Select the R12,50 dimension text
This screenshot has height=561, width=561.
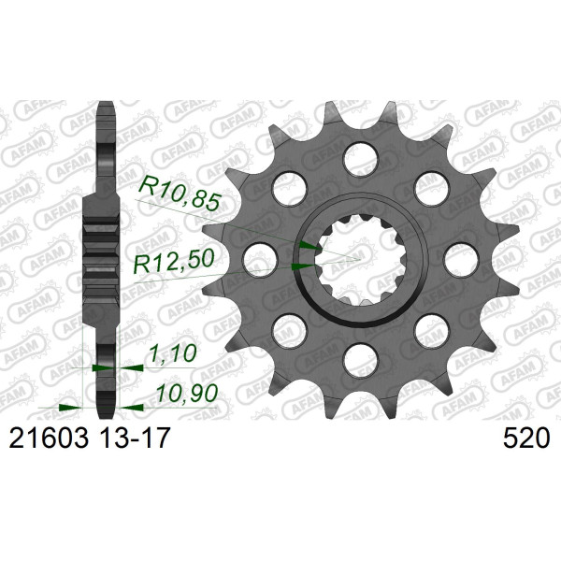(x=174, y=261)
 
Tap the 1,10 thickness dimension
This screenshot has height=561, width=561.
(x=172, y=352)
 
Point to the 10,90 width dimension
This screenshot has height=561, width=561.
(x=187, y=393)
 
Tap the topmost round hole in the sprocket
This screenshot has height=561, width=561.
(x=360, y=159)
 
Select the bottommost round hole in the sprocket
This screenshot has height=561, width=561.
(x=360, y=360)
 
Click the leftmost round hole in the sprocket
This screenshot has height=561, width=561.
(x=260, y=260)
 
